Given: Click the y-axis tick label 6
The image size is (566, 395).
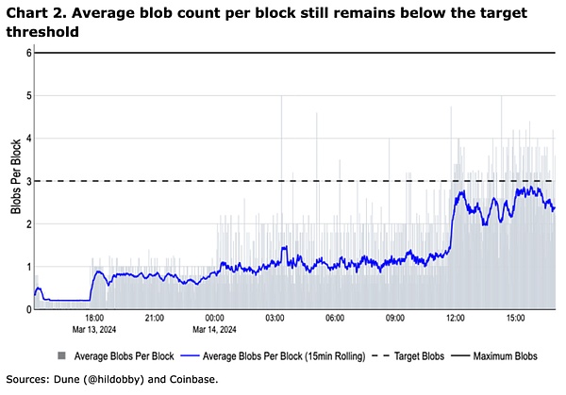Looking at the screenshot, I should [29, 53].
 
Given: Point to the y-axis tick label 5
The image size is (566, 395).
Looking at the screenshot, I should [29, 95].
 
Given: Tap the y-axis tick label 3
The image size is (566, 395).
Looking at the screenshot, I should [29, 181].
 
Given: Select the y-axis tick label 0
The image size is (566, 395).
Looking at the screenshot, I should [29, 309].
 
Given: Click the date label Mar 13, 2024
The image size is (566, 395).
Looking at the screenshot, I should [93, 330].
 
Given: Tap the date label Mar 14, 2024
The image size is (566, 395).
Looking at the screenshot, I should [214, 330].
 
